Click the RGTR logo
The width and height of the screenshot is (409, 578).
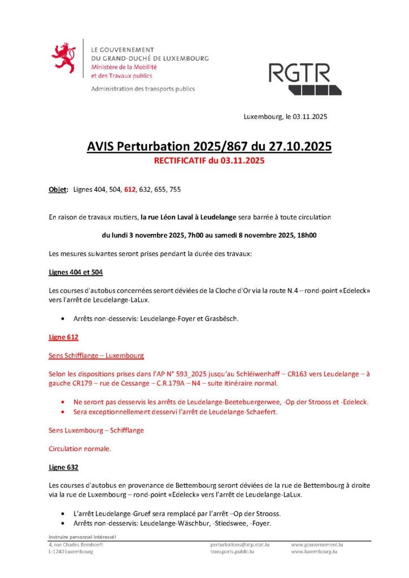pos(307,78)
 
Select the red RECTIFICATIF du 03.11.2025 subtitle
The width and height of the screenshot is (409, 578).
pos(209,160)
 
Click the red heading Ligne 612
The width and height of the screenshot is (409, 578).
pos(63,337)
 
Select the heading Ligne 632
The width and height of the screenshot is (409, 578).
pos(63,467)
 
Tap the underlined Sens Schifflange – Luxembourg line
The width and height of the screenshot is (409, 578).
pos(96,356)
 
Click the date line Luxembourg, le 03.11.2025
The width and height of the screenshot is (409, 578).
pos(285,117)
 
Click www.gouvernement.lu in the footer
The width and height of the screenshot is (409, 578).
pos(317,545)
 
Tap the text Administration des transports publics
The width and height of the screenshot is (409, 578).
pos(142,89)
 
